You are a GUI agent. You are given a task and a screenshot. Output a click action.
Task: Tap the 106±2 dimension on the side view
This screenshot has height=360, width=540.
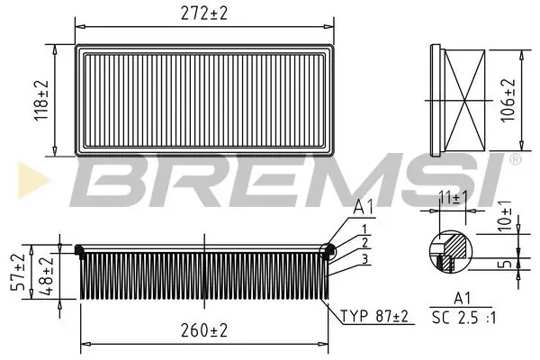click(x=509, y=99)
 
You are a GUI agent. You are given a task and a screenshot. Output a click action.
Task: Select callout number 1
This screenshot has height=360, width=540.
click(x=363, y=228)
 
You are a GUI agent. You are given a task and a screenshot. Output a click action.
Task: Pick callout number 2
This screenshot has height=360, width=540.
click(x=363, y=242)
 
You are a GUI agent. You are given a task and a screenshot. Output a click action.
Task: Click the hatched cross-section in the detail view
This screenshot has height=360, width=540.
click(x=452, y=246)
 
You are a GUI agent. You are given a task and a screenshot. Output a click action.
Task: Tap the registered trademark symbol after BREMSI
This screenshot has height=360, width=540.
click(x=515, y=160)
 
